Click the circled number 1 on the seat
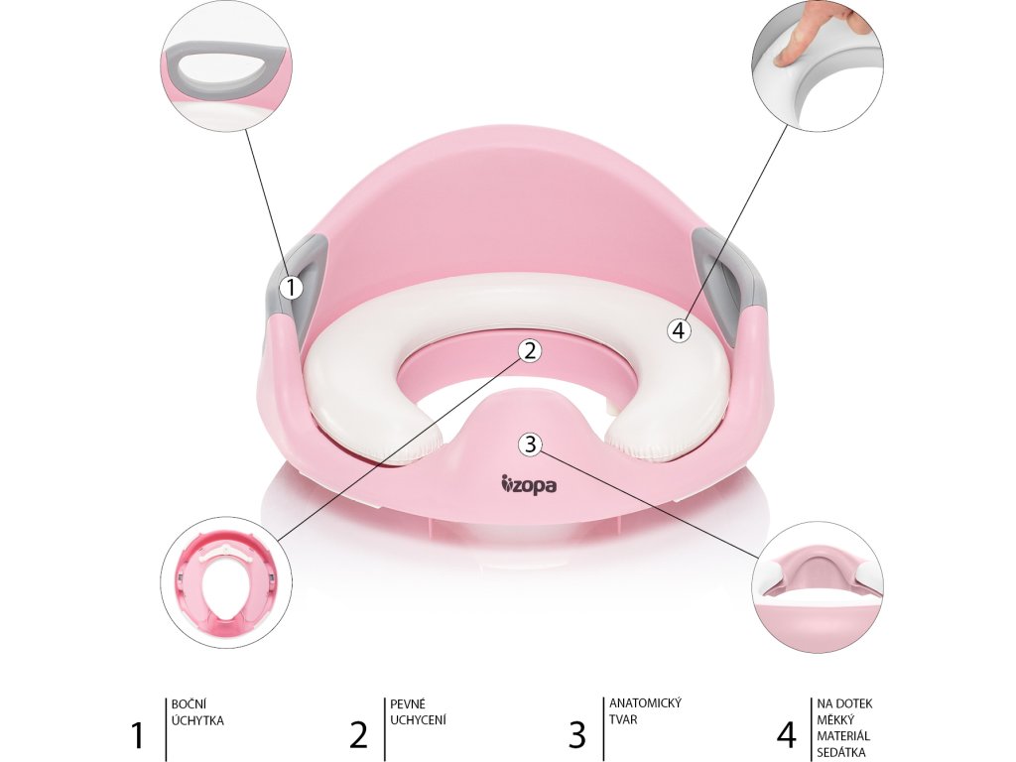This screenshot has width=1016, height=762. tap(290, 288)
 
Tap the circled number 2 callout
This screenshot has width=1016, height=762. tap(530, 349)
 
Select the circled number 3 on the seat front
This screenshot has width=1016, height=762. tap(530, 444)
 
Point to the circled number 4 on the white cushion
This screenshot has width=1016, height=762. tap(679, 330)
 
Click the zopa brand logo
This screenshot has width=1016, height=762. tap(529, 485)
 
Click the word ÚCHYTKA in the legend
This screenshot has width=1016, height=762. tap(198, 720)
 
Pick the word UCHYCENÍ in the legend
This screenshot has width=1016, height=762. tap(418, 720)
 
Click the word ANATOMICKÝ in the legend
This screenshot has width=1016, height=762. tap(644, 703)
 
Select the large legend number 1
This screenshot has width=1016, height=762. tap(138, 735)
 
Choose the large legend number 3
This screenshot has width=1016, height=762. tap(576, 735)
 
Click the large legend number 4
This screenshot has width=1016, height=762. tap(786, 735)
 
